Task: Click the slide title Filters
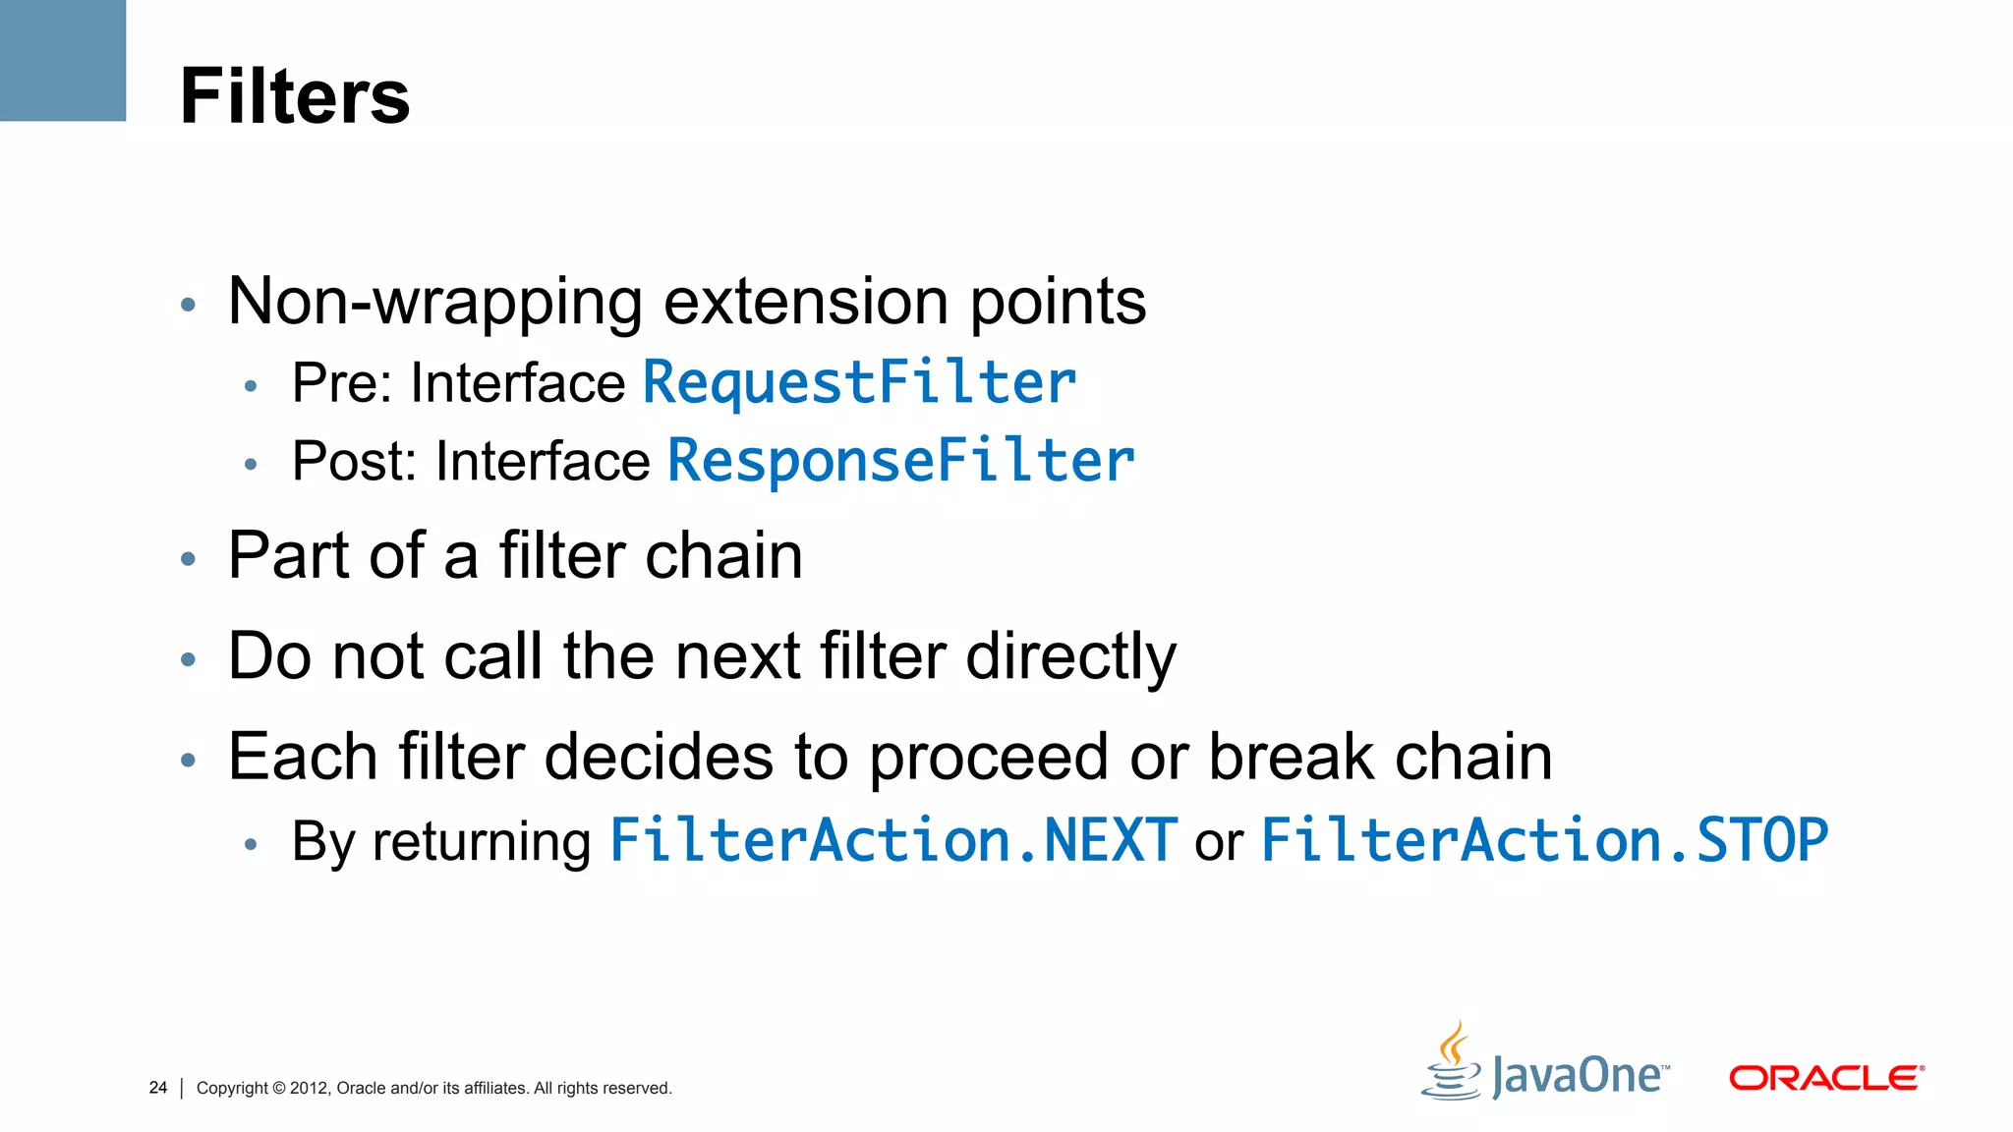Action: tap(295, 96)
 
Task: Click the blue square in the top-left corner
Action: tap(62, 60)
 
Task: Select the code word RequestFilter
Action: tap(859, 382)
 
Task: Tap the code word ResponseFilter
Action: tap(900, 461)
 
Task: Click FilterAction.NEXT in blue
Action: tap(892, 841)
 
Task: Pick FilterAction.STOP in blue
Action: tap(1543, 841)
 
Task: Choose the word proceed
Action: tap(990, 759)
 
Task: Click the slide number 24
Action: tap(157, 1088)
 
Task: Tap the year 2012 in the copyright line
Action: tap(309, 1088)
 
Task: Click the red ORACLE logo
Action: tap(1825, 1078)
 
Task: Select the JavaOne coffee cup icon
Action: tap(1452, 1064)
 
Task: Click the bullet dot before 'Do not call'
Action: tap(189, 659)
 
